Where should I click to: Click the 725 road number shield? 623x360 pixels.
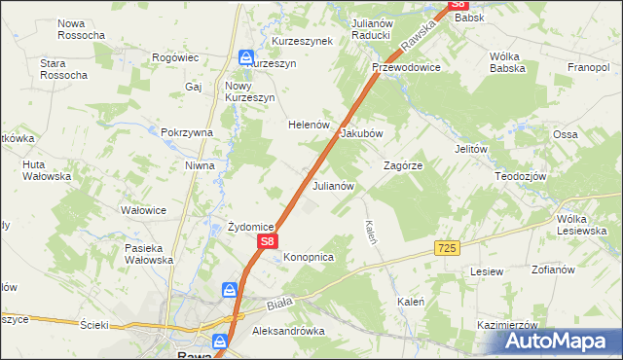(x=447, y=249)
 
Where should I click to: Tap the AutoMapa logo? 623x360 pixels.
(x=561, y=342)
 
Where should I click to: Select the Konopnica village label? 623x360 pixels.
(x=310, y=257)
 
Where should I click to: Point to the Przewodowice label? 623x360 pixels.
(x=407, y=67)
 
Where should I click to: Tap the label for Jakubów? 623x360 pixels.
(x=361, y=133)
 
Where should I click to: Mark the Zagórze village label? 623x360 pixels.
(x=403, y=166)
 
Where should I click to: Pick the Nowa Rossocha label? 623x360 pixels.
(x=81, y=29)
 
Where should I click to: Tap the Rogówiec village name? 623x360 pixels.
(x=176, y=57)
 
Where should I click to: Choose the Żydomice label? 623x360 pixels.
(x=250, y=227)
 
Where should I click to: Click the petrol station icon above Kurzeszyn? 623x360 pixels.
(x=246, y=57)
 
